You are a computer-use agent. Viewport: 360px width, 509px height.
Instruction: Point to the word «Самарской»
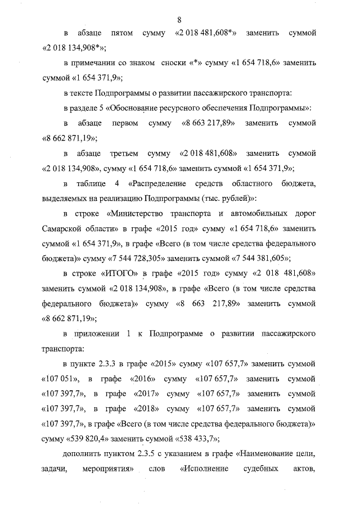(65, 229)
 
